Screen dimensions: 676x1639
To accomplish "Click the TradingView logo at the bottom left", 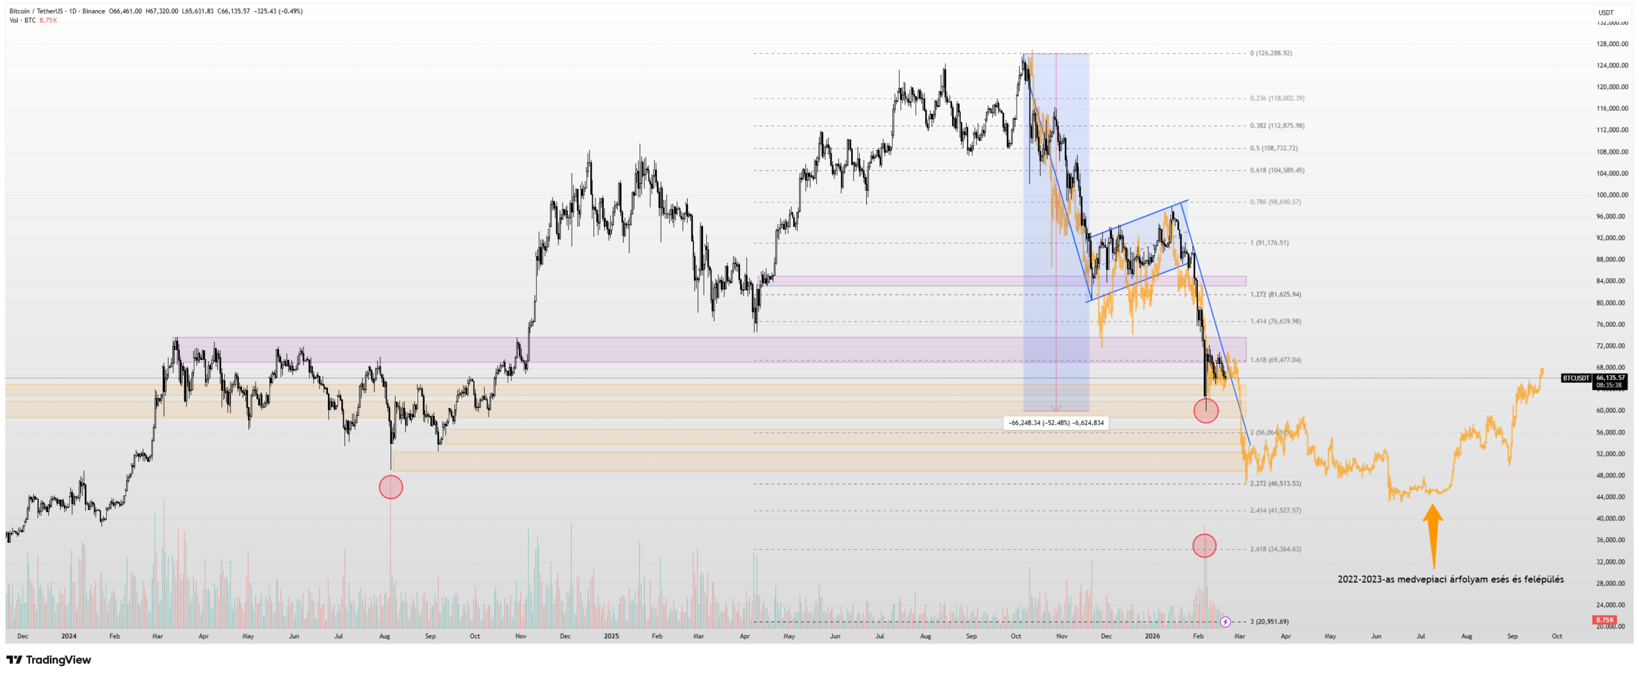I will tap(49, 660).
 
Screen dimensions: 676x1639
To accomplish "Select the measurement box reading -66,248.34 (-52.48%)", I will tap(1056, 423).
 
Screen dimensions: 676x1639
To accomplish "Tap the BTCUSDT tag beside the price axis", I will tap(1576, 378).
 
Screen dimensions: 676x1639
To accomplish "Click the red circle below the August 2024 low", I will tap(391, 487).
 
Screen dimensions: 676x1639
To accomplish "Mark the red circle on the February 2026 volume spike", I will tap(1204, 545).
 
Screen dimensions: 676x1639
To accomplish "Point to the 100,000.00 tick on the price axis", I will tap(1611, 195).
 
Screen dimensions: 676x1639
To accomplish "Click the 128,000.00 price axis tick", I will tap(1611, 44).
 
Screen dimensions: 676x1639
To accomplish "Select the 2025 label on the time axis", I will tap(611, 636).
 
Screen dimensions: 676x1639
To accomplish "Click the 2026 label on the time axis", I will tap(1152, 636).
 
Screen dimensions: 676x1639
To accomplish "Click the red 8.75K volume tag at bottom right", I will tap(1604, 620).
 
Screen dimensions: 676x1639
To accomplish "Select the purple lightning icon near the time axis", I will tap(1225, 622).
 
